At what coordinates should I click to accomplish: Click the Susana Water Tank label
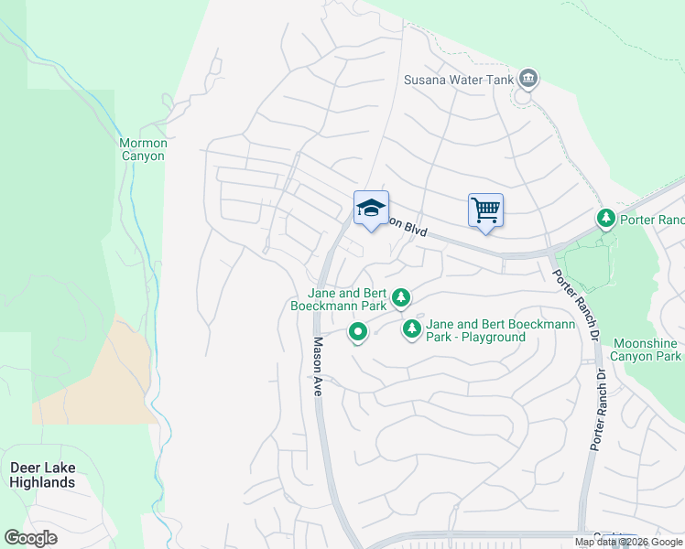pyautogui.click(x=458, y=80)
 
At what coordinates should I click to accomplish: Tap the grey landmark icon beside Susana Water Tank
pyautogui.click(x=527, y=79)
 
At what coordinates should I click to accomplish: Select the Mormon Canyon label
pyautogui.click(x=143, y=149)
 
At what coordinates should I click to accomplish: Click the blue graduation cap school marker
pyautogui.click(x=371, y=210)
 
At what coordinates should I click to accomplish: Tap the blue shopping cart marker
pyautogui.click(x=485, y=211)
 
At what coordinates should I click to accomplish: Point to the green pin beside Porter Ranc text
pyautogui.click(x=604, y=219)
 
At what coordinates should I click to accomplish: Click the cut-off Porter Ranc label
pyautogui.click(x=652, y=221)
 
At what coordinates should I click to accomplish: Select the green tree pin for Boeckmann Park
pyautogui.click(x=400, y=296)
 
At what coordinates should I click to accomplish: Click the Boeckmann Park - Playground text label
pyautogui.click(x=476, y=330)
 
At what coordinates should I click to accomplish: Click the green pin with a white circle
pyautogui.click(x=358, y=332)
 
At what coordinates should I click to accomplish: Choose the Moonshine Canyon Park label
pyautogui.click(x=646, y=350)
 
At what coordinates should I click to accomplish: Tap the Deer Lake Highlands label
pyautogui.click(x=42, y=475)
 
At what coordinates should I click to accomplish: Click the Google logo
pyautogui.click(x=30, y=537)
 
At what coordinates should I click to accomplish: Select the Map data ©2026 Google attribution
pyautogui.click(x=627, y=542)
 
